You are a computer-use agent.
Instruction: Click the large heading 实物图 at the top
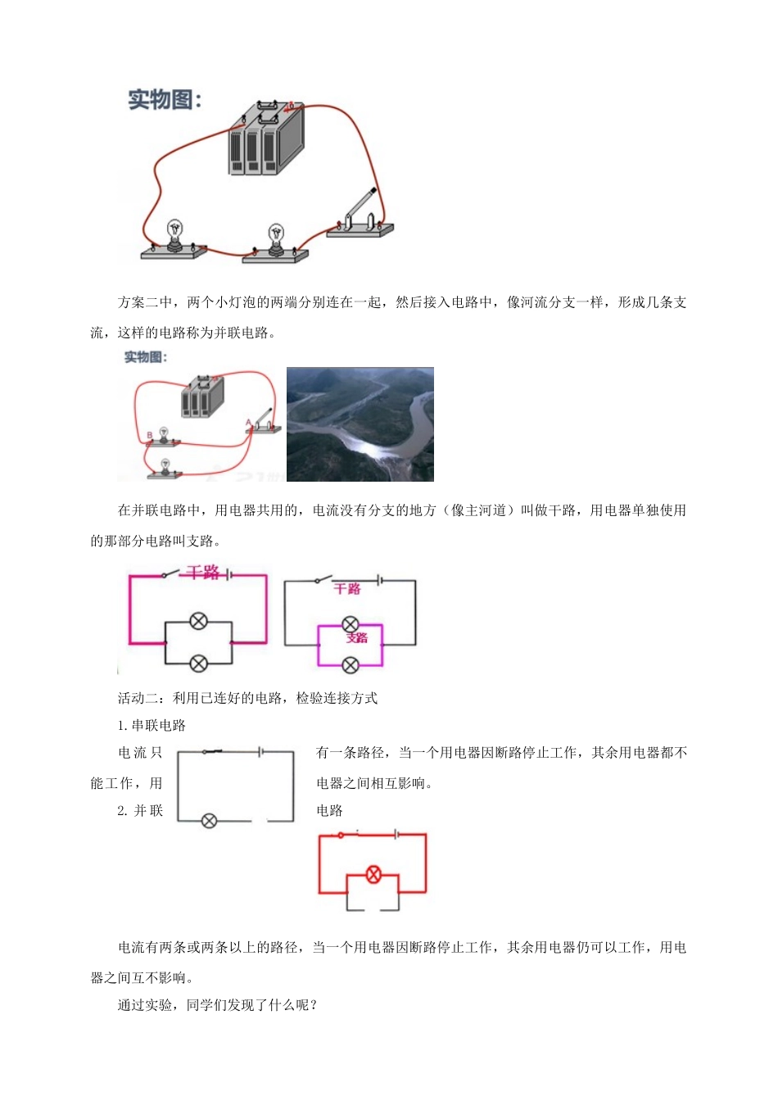click(x=165, y=100)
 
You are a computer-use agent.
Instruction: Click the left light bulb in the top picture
click(x=174, y=233)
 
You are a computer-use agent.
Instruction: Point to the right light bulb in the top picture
click(x=277, y=238)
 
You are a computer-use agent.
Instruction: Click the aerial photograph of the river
click(x=360, y=424)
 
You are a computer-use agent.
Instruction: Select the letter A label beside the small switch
click(x=249, y=423)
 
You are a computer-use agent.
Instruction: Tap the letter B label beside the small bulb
click(x=150, y=435)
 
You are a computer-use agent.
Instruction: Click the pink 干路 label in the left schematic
click(x=202, y=572)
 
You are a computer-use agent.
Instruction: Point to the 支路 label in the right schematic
click(x=357, y=637)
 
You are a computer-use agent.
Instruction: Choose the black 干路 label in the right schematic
click(x=347, y=588)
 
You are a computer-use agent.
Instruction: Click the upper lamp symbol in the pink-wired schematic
click(x=198, y=621)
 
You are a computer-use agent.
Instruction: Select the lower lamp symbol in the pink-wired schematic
click(x=198, y=664)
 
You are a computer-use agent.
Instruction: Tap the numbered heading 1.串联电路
click(x=152, y=726)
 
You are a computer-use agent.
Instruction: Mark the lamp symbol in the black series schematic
click(x=209, y=820)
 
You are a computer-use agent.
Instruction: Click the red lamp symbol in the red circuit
click(x=373, y=874)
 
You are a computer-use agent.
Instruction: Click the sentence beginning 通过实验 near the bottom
click(x=217, y=1005)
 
